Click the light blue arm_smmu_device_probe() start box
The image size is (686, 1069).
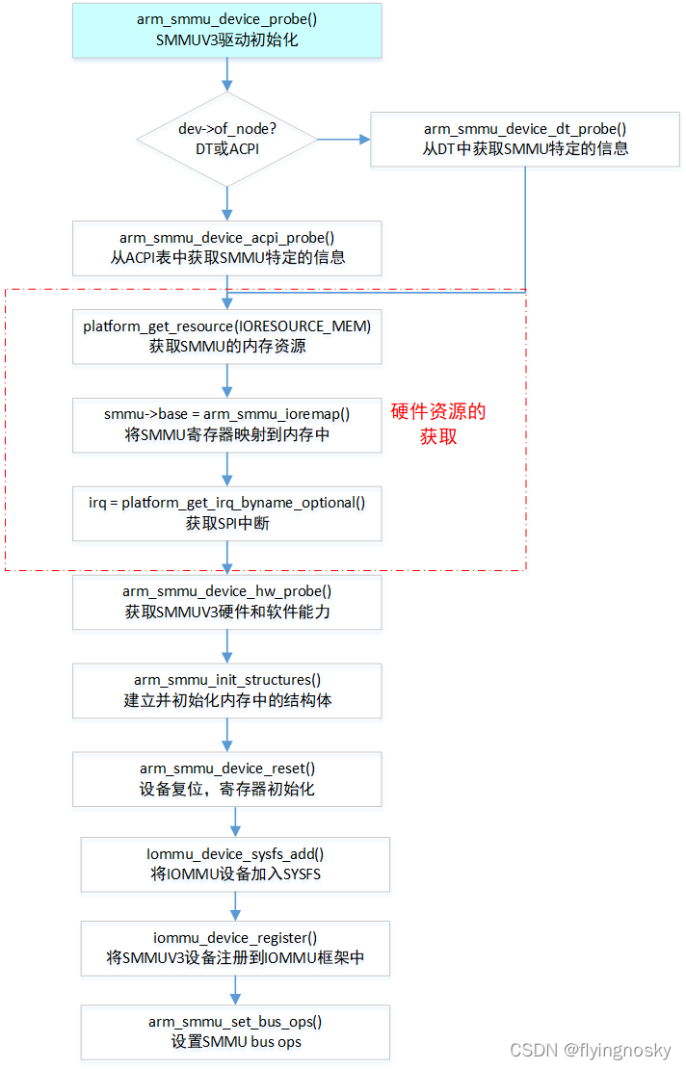pyautogui.click(x=227, y=30)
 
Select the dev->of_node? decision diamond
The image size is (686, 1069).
pyautogui.click(x=227, y=140)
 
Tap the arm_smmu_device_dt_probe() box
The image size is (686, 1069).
pyautogui.click(x=526, y=139)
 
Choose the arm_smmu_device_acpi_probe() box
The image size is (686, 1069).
pyautogui.click(x=227, y=248)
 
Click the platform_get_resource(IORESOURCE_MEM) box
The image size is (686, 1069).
pyautogui.click(x=227, y=336)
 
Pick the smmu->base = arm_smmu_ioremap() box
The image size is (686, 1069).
pyautogui.click(x=227, y=425)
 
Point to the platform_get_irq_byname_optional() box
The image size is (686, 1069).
pyautogui.click(x=227, y=513)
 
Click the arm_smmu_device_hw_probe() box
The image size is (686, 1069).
pyautogui.click(x=227, y=602)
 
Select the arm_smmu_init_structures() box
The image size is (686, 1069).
pyautogui.click(x=227, y=691)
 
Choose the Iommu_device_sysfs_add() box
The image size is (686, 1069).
pyautogui.click(x=235, y=864)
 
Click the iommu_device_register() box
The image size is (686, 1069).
pyautogui.click(x=235, y=949)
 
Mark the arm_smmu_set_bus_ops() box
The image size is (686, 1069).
pyautogui.click(x=235, y=1031)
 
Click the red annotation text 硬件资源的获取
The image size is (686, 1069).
pyautogui.click(x=438, y=424)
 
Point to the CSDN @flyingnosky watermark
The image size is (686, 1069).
pyautogui.click(x=590, y=1051)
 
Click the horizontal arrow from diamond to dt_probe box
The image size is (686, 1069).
pyautogui.click(x=344, y=140)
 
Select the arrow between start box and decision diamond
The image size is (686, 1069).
pyautogui.click(x=227, y=74)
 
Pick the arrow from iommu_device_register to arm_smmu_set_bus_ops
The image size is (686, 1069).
pyautogui.click(x=235, y=990)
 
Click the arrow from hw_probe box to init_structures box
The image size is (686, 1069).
pyautogui.click(x=227, y=646)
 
